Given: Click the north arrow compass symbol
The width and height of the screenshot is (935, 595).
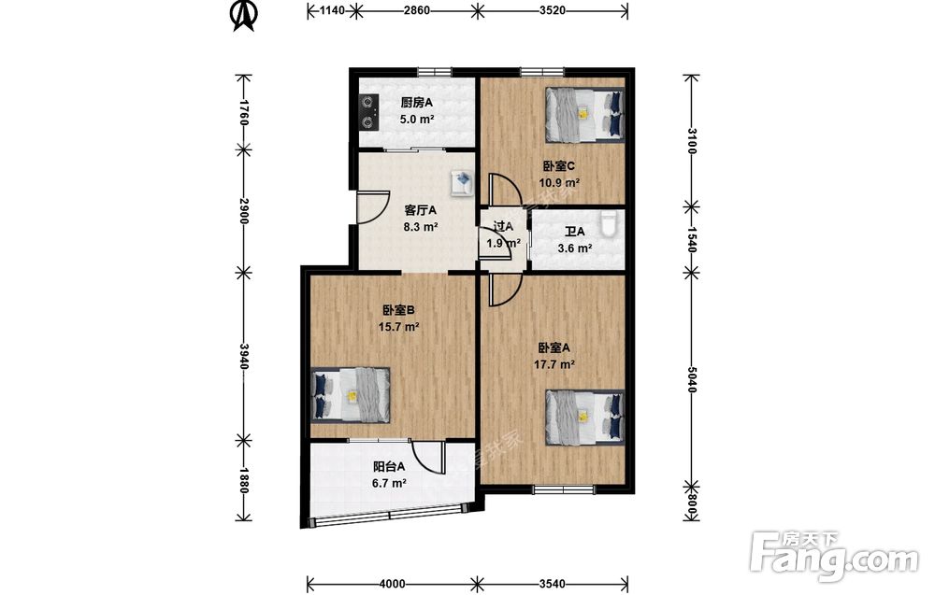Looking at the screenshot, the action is coord(243,15).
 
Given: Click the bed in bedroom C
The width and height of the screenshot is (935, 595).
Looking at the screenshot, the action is coord(585,115).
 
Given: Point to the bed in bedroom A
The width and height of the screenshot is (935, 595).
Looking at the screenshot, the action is coord(585,418).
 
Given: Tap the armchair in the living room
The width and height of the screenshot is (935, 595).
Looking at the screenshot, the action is coord(462,181).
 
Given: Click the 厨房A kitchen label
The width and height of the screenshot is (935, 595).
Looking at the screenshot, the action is coord(416,103).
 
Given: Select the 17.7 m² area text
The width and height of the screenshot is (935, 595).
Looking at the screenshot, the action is coord(554,364).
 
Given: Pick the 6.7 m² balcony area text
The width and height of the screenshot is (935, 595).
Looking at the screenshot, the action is coord(389,483).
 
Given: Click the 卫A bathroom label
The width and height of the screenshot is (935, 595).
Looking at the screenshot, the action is coord(575,232).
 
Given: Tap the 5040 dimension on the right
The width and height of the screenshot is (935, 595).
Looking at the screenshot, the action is coord(691,379).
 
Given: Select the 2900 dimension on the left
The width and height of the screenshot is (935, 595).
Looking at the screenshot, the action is coord(243,211).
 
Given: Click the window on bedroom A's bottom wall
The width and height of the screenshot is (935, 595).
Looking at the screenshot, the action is coord(564,490).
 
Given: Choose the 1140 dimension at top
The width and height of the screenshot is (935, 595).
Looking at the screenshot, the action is coord(333,10).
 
